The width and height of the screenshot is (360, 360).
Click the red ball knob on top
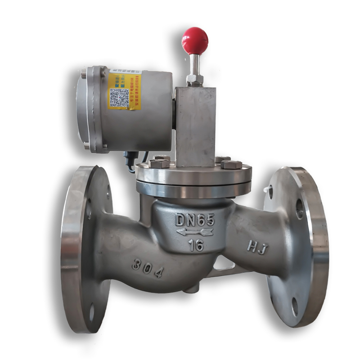tap(195, 40)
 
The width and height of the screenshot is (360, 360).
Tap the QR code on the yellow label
tap(119, 97)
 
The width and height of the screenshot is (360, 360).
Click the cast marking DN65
tap(195, 220)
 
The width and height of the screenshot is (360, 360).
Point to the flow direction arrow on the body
tap(194, 232)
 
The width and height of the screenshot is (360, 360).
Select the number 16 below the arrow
tap(196, 246)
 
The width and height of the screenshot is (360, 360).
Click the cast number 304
tap(147, 269)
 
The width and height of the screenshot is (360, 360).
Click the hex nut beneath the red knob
tap(194, 80)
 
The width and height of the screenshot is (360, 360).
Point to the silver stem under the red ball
tap(194, 64)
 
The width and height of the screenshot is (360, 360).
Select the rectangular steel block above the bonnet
tap(195, 126)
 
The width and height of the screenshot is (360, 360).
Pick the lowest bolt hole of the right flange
tap(295, 306)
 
